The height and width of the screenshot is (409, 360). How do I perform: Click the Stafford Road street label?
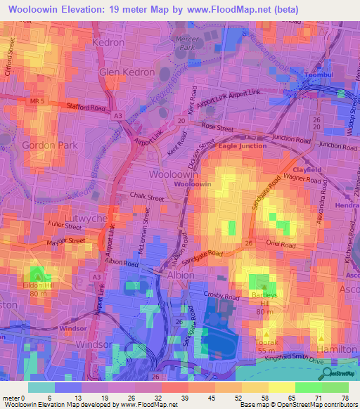(84, 108)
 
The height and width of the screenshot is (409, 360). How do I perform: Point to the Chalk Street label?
(146, 197)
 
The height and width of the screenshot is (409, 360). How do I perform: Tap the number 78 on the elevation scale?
(346, 397)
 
